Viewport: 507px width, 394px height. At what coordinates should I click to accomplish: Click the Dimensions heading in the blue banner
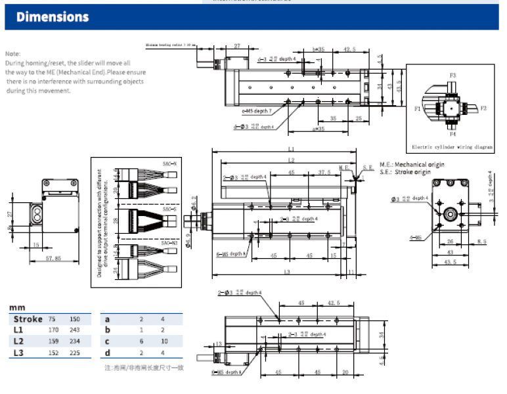[53, 16]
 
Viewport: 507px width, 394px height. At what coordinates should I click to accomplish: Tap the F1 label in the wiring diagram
[418, 108]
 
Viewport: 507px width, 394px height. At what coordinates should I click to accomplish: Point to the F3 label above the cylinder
[452, 76]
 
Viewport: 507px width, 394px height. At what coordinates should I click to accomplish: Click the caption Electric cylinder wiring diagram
[452, 148]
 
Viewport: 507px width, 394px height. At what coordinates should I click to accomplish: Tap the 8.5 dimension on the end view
[482, 241]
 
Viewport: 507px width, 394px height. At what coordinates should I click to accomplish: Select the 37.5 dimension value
[324, 173]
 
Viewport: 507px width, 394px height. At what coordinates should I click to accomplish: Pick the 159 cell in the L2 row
[54, 341]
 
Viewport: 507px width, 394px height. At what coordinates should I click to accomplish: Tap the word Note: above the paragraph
[12, 53]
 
